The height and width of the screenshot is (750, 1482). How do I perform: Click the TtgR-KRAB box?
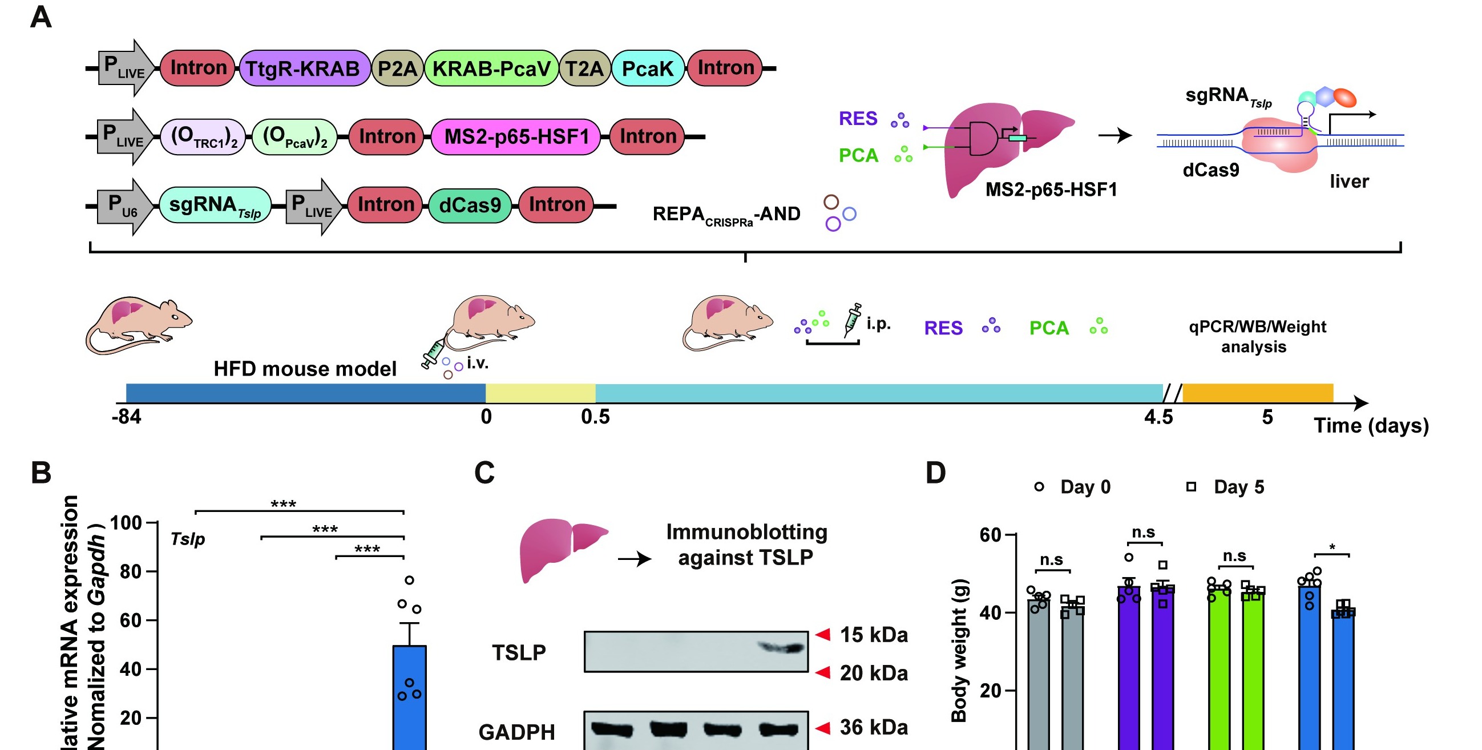point(303,68)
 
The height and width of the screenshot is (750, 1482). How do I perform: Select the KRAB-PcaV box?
point(491,68)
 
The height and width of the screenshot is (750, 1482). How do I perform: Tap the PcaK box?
point(647,68)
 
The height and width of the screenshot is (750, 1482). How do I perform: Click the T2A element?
point(584,68)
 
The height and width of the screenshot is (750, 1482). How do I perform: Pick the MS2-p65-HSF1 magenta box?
point(516,137)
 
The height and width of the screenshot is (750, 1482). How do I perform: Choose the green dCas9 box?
point(470,205)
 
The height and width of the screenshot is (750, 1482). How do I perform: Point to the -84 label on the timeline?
point(127,416)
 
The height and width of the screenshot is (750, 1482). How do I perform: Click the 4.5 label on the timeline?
point(1158,417)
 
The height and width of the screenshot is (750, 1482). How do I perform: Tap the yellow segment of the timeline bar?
point(540,393)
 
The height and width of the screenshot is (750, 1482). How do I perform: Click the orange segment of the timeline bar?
point(1257,393)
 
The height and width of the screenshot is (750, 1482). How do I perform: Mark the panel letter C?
point(484,473)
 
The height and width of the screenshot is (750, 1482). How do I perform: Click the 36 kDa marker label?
point(873,728)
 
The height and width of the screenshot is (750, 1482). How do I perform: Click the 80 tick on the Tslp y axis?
point(131,571)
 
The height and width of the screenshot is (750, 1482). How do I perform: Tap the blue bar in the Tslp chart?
point(410,696)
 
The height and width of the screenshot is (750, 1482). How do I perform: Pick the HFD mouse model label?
point(305,368)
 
